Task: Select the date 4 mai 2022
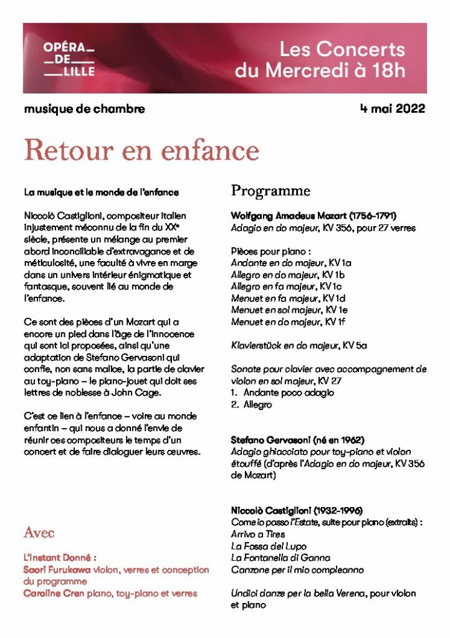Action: [x=393, y=109]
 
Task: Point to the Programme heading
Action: [x=270, y=190]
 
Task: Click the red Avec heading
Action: [x=39, y=533]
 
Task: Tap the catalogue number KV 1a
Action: [x=340, y=263]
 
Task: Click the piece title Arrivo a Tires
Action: [x=258, y=534]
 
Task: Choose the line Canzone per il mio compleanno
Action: [x=297, y=570]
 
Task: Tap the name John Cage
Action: [x=142, y=393]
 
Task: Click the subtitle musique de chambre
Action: [x=84, y=109]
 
